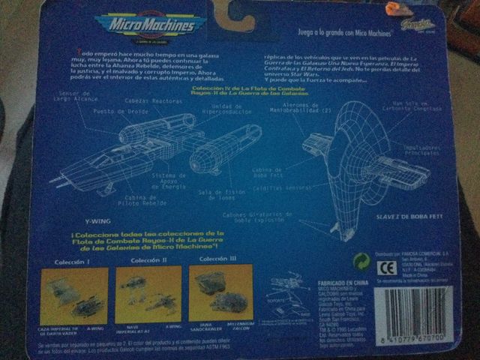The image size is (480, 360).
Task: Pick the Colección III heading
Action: pyautogui.click(x=218, y=259)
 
